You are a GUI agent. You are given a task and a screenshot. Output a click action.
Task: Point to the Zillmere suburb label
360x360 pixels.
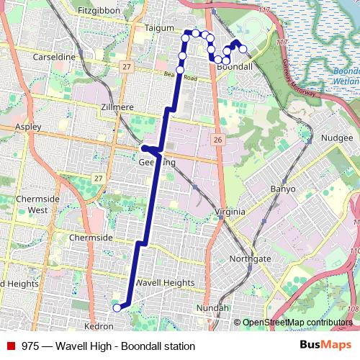[x=116, y=107]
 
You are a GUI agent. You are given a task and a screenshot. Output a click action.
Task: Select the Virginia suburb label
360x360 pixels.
[x=230, y=212]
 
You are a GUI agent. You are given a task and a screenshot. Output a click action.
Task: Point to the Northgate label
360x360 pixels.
[x=250, y=258]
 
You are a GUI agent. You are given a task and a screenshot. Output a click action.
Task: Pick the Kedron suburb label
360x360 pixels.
[x=99, y=326]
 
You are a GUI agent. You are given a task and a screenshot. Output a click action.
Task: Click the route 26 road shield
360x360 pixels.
[x=217, y=139]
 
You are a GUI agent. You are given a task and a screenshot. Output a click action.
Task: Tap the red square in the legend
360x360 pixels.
[x=12, y=346]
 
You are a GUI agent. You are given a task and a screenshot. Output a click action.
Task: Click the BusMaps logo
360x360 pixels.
[x=324, y=346]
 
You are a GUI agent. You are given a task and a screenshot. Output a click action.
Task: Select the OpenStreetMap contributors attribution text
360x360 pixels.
[x=298, y=323]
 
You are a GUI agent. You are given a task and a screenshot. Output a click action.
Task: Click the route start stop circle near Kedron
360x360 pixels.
[x=117, y=308]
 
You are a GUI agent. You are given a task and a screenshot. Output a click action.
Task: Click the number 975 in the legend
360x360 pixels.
[x=30, y=346]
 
